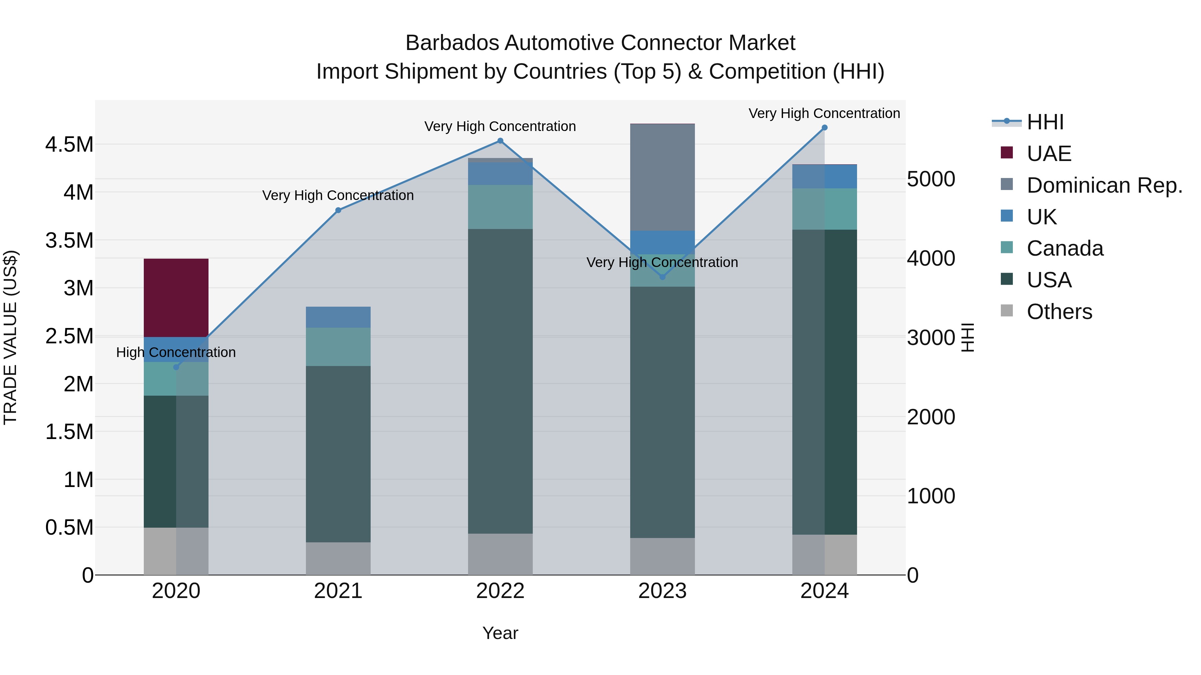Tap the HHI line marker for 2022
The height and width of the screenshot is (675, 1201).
(x=500, y=141)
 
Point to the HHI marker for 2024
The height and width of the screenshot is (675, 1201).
(x=824, y=128)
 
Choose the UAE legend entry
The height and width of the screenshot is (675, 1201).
(x=1049, y=154)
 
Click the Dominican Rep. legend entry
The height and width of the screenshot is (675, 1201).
(x=1104, y=185)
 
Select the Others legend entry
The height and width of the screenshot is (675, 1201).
(x=1059, y=312)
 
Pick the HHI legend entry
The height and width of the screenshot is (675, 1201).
(x=1045, y=122)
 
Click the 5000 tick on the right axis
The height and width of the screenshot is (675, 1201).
(x=930, y=179)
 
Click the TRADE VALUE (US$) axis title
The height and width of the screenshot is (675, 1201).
(x=10, y=337)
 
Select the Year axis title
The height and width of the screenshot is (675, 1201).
(x=500, y=633)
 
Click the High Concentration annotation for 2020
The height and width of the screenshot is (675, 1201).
(x=176, y=352)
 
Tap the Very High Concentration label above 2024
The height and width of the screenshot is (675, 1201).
(x=824, y=113)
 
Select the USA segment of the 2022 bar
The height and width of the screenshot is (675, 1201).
(x=500, y=381)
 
